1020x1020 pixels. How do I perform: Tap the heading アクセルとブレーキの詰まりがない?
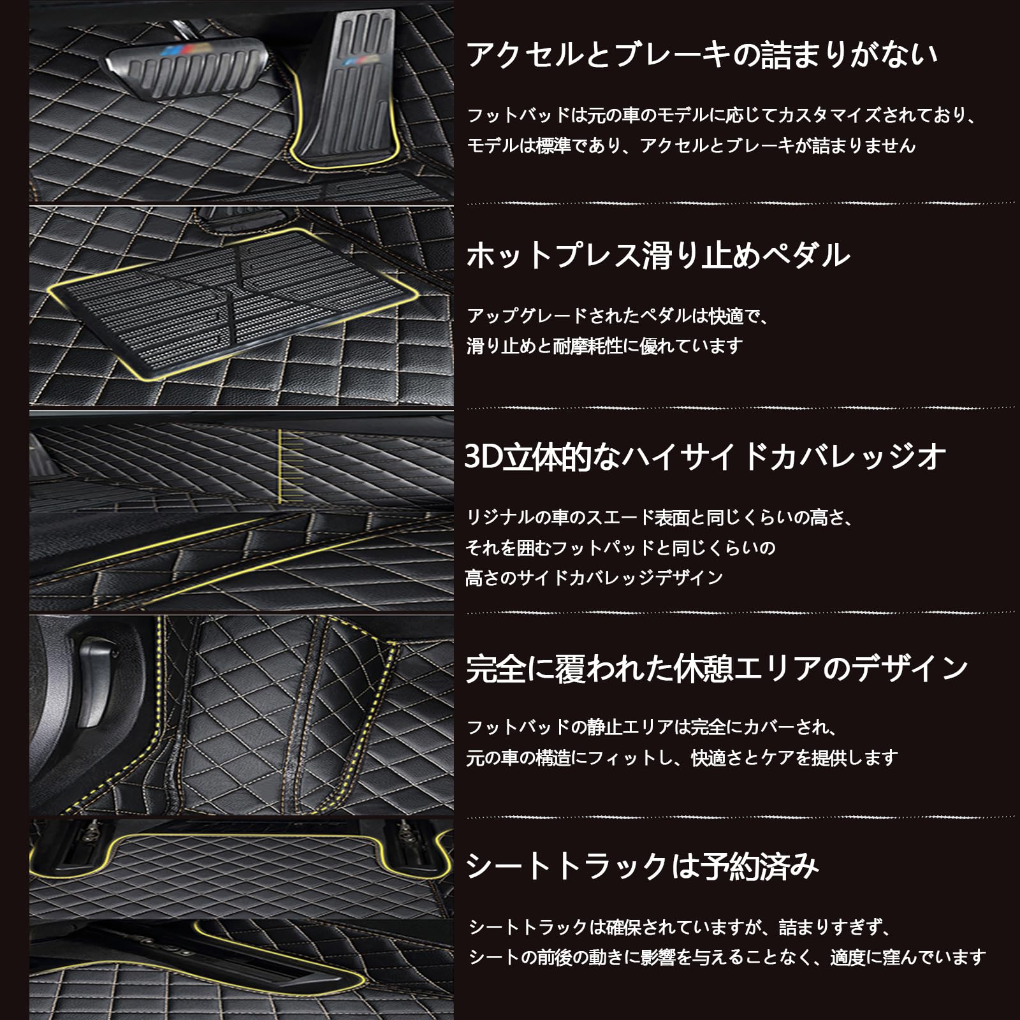click(702, 55)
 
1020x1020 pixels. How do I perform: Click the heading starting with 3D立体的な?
click(705, 458)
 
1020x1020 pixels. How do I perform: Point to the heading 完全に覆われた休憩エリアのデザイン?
click(717, 669)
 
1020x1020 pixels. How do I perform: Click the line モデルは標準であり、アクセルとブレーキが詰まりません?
click(691, 146)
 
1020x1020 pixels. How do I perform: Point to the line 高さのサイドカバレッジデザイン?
click(594, 578)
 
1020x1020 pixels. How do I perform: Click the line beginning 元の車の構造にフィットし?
click(682, 758)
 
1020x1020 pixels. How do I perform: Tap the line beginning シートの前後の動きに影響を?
click(727, 957)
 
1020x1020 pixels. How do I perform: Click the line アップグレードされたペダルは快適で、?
click(618, 316)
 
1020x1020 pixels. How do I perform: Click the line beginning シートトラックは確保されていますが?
click(680, 927)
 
